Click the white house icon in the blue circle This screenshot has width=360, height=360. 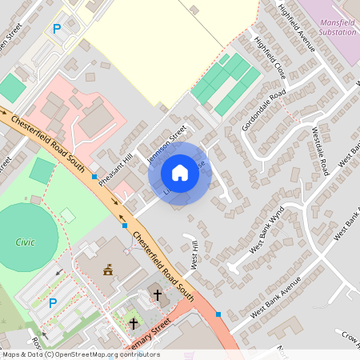tap(180, 173)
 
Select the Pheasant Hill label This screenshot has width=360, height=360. tap(114, 150)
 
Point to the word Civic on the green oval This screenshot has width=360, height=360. tap(25, 241)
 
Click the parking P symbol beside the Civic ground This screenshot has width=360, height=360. tap(53, 303)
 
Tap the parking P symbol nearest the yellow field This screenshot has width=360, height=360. tap(57, 29)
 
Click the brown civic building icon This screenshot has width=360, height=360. tap(109, 271)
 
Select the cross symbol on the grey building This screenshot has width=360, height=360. tap(157, 295)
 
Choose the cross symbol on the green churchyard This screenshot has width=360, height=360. tap(133, 323)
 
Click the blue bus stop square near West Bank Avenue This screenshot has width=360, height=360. tap(219, 314)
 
